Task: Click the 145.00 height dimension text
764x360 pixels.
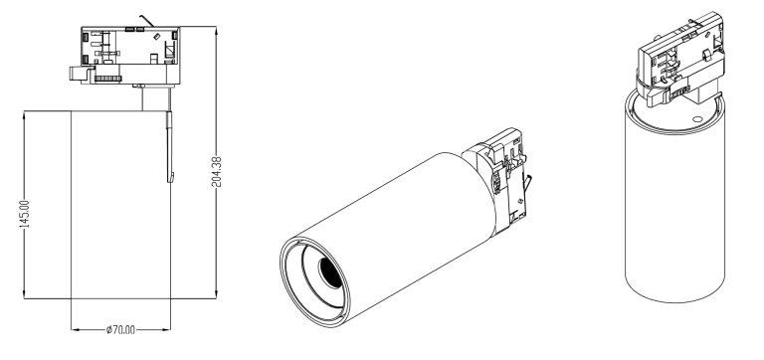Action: point(25,214)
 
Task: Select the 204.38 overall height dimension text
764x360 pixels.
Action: point(216,172)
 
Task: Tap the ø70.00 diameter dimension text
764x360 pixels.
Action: point(120,330)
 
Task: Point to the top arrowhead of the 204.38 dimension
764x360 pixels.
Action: point(216,29)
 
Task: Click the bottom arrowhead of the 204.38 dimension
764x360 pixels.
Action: point(216,295)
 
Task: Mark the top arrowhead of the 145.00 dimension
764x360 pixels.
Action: point(24,114)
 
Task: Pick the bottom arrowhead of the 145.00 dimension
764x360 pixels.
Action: point(24,295)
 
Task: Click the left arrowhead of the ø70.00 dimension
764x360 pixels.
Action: point(75,330)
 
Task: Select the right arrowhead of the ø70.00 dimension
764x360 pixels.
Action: point(167,330)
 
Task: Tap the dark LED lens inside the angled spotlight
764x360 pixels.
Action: point(330,271)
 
